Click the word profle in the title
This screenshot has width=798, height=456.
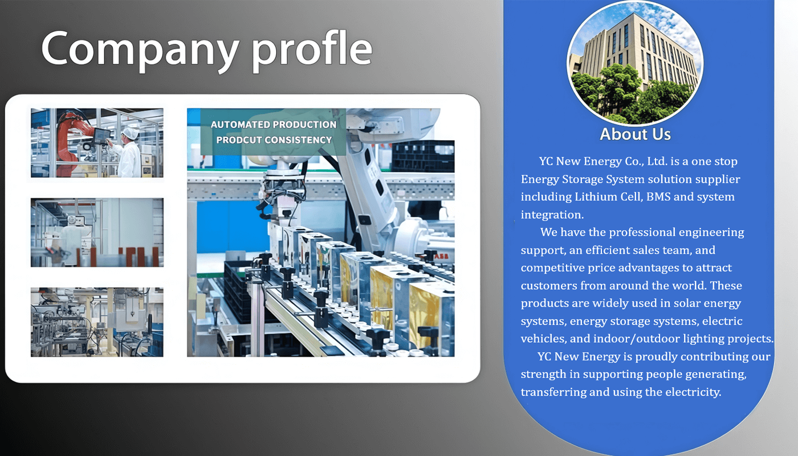(312, 50)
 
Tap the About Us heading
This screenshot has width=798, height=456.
(635, 135)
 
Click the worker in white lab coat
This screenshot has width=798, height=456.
(128, 153)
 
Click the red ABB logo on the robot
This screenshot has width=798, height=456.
(441, 256)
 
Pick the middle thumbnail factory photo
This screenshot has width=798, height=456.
(97, 233)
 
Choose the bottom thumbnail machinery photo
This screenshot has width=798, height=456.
(97, 322)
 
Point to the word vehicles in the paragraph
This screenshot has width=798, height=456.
(543, 339)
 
